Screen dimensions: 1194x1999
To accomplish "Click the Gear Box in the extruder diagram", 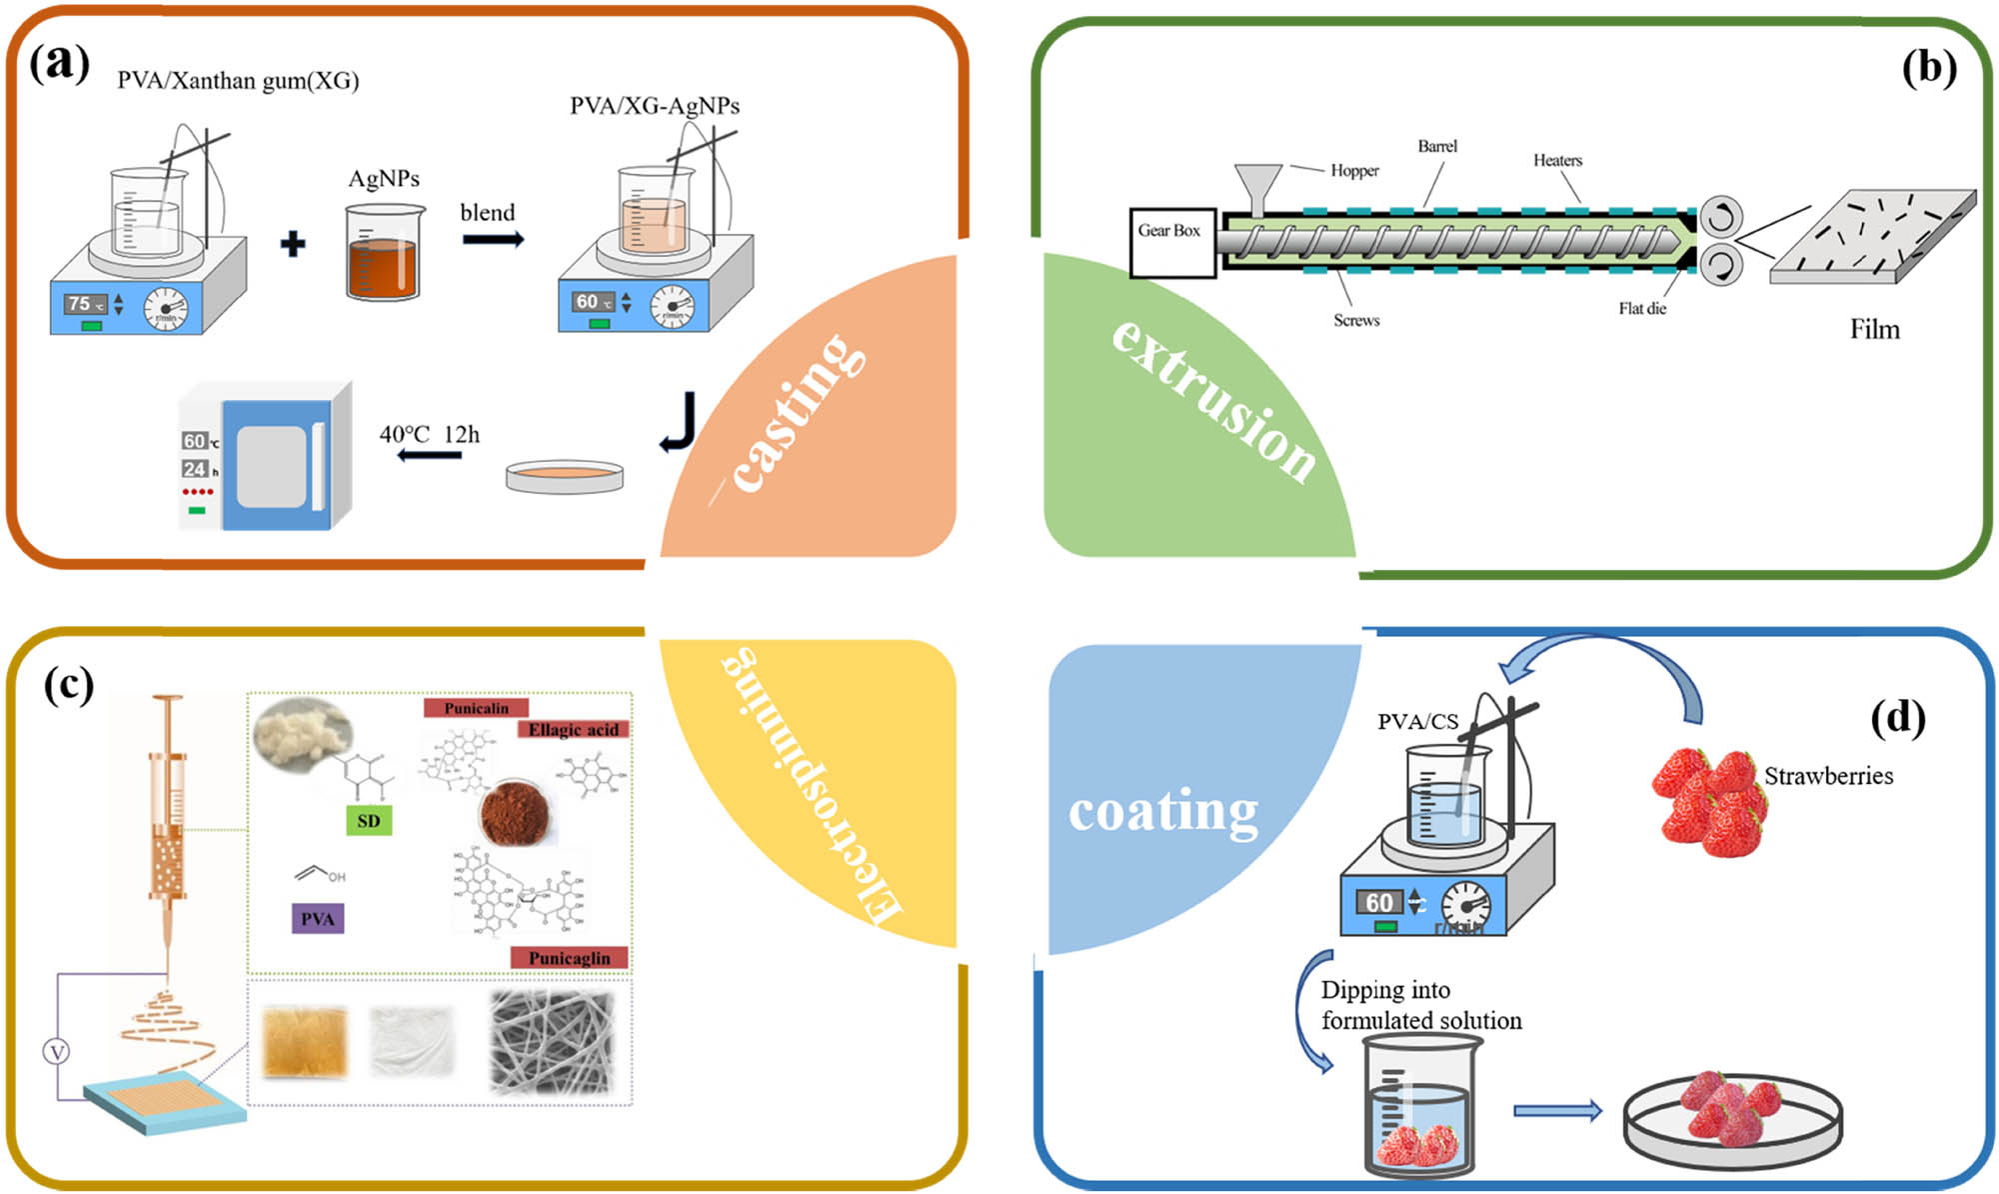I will [x=1171, y=242].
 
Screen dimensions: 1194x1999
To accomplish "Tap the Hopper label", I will [x=1354, y=171].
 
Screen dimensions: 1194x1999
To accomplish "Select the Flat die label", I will [x=1642, y=309].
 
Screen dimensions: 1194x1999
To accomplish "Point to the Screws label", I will [x=1356, y=320].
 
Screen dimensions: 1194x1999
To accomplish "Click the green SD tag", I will [x=369, y=821].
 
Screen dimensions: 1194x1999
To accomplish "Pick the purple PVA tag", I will [x=318, y=919].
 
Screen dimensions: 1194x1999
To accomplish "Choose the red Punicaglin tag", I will [x=569, y=958].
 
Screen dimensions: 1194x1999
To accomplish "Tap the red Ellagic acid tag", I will [x=573, y=730].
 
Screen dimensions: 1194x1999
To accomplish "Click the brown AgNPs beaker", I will [x=384, y=254].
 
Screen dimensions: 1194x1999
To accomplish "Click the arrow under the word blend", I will [x=493, y=240].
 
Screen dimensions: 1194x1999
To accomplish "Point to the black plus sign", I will [x=293, y=244].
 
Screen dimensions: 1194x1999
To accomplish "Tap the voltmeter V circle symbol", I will [x=57, y=1051].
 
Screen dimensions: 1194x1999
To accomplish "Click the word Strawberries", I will [x=1828, y=776].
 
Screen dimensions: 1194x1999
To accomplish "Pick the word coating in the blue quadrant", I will [x=1163, y=811].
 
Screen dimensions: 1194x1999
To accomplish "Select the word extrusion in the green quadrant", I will [x=1214, y=400].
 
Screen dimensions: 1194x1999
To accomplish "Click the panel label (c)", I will [x=68, y=686].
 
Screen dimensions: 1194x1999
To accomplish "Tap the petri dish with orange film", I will [x=565, y=476].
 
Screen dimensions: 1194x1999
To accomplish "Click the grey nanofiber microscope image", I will [x=550, y=1042].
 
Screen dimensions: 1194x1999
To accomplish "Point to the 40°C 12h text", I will [x=429, y=435].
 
